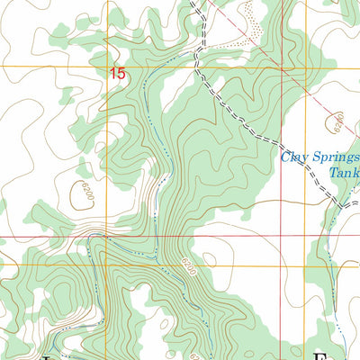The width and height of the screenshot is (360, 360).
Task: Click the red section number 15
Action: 118,75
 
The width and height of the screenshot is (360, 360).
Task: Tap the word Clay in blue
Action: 294,157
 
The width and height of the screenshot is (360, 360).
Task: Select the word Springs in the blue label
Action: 334,157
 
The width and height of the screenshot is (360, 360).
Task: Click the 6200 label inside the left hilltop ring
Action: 85,192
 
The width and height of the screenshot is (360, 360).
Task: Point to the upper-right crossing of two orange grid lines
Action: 306,66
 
